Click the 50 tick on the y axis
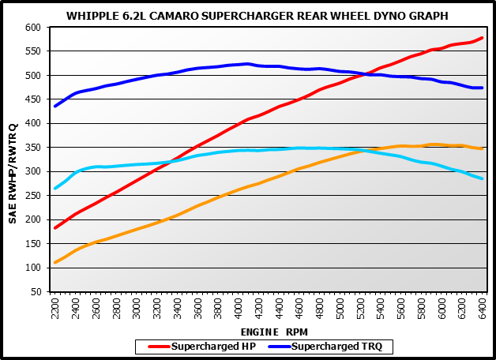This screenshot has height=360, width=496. [x=35, y=292]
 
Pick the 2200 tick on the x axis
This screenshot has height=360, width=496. [x=54, y=309]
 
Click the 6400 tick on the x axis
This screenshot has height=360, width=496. [x=482, y=309]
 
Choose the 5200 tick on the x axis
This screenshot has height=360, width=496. [x=360, y=309]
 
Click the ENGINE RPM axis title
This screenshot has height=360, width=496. [x=269, y=332]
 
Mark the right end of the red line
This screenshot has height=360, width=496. [x=482, y=38]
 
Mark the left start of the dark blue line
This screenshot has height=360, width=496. [x=54, y=106]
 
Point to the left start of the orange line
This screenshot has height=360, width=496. [x=54, y=262]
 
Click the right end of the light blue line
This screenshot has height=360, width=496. [x=482, y=178]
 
